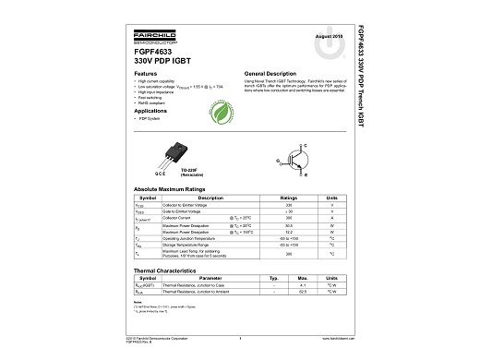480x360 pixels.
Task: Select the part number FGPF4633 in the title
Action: click(x=155, y=53)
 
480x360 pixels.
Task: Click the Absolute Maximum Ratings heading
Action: click(x=172, y=188)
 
